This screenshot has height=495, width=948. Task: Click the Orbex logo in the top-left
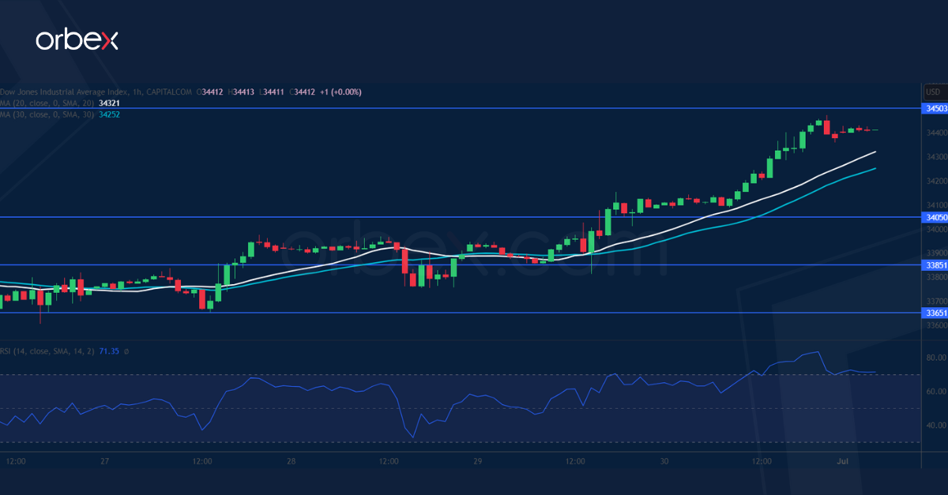(77, 40)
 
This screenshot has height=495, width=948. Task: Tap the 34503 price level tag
(936, 107)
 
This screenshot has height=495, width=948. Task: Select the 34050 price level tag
(936, 217)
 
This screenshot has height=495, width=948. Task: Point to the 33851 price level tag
(936, 265)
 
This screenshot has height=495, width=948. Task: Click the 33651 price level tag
(936, 313)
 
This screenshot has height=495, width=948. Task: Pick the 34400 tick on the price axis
(936, 133)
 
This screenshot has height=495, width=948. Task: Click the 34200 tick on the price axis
(936, 181)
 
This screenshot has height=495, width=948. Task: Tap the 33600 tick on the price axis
(936, 325)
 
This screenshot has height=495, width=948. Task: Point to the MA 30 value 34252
(110, 114)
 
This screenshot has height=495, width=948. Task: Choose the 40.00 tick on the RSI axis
(935, 426)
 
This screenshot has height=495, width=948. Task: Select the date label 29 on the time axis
(478, 460)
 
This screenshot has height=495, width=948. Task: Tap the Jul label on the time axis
(842, 460)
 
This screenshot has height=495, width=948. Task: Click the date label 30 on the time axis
(664, 460)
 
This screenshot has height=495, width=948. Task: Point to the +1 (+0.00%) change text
(340, 92)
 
